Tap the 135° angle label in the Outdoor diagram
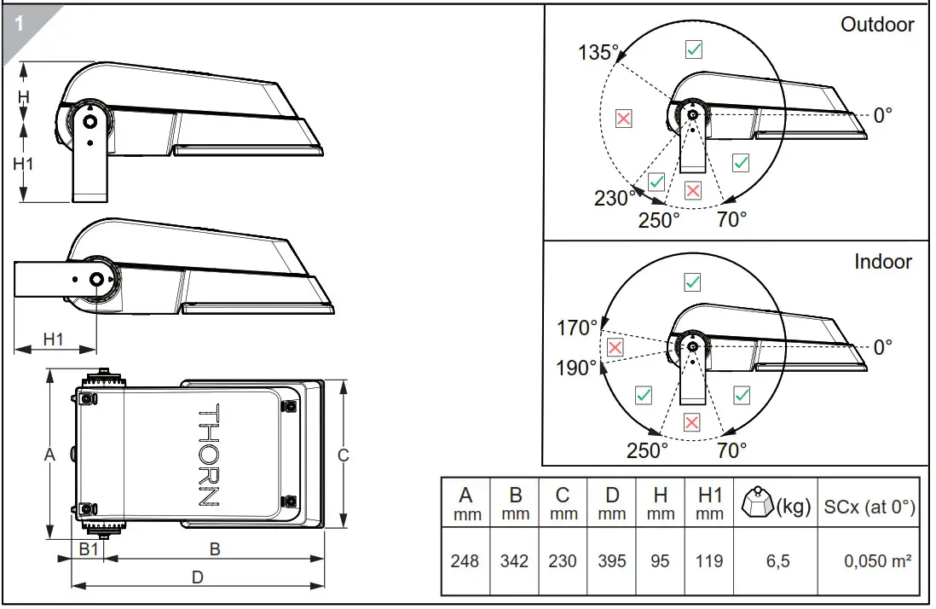click(x=598, y=53)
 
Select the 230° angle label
click(x=615, y=199)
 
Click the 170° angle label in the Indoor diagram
click(x=578, y=328)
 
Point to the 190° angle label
click(x=578, y=368)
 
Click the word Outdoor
click(x=877, y=25)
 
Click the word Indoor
click(x=883, y=262)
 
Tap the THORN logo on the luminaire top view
click(x=209, y=455)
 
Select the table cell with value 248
click(x=465, y=561)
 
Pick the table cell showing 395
click(x=611, y=561)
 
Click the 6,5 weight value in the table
click(x=777, y=561)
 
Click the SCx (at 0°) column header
click(x=870, y=507)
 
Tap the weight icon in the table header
click(x=757, y=504)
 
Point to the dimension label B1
click(x=90, y=549)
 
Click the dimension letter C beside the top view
click(x=344, y=455)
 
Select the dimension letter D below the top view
click(x=197, y=577)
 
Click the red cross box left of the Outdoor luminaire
click(x=624, y=119)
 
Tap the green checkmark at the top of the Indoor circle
click(x=693, y=282)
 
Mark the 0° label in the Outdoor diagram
click(x=883, y=114)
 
